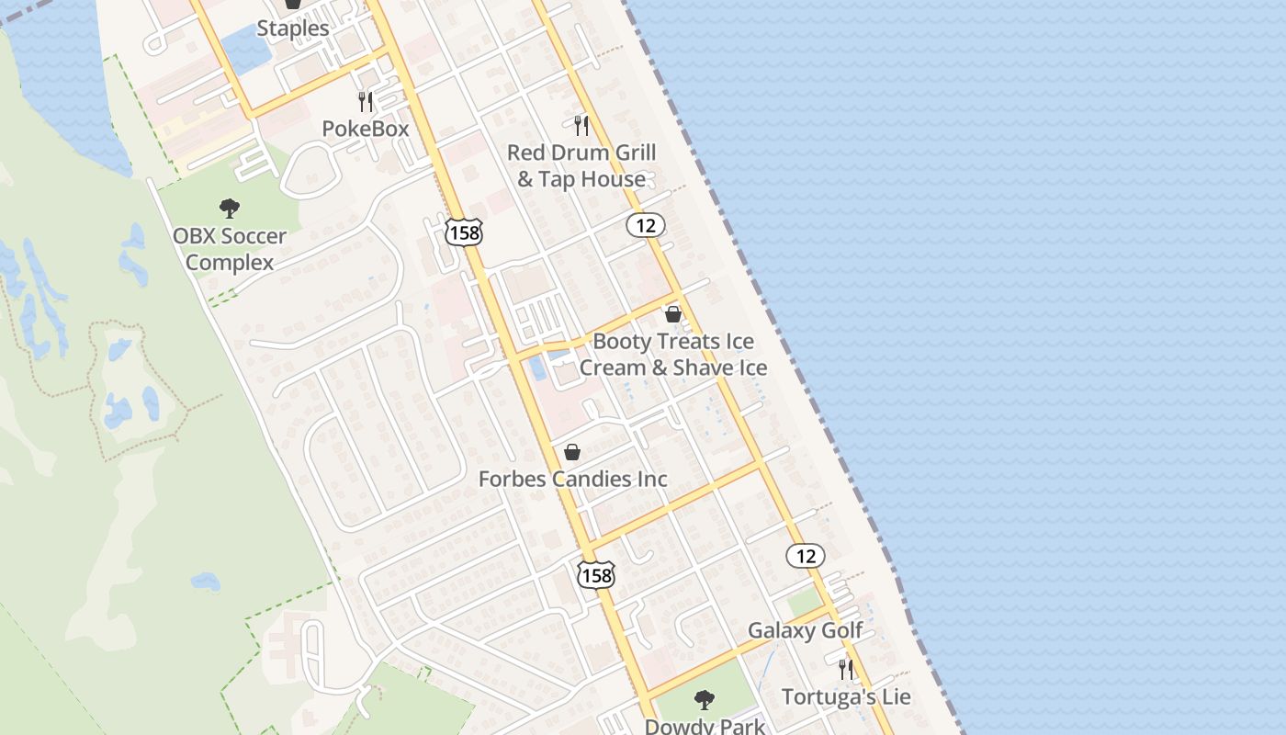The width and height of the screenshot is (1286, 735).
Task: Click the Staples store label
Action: [292, 28]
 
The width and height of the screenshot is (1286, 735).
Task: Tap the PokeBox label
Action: [366, 129]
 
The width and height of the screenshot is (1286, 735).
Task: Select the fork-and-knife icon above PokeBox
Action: [366, 101]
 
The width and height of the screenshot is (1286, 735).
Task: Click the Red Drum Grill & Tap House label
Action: [581, 165]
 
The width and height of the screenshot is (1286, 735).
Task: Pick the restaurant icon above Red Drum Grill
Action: [581, 125]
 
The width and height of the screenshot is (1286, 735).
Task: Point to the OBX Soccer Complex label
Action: [230, 249]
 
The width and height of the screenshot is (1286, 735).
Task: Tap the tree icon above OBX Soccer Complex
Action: [230, 209]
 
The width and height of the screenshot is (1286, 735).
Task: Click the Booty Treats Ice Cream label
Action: [672, 355]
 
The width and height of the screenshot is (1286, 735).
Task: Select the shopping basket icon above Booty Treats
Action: [673, 314]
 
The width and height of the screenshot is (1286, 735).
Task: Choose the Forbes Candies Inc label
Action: [573, 479]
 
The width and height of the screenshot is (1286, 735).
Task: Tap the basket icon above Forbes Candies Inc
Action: [572, 452]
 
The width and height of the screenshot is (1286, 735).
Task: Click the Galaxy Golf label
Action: [805, 630]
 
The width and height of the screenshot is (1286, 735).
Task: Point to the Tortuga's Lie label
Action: [846, 696]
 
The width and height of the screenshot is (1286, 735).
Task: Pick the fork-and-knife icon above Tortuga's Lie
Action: [846, 669]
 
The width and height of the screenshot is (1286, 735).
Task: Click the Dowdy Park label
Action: [705, 725]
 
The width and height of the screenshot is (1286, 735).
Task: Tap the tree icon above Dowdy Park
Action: [705, 700]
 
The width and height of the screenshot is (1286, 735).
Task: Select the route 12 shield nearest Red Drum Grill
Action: [646, 224]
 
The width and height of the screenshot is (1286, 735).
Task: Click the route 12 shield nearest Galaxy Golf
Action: [806, 555]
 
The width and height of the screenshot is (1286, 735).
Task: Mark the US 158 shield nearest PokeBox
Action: [464, 232]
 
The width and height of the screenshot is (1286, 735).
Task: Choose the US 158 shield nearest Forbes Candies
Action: [596, 575]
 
